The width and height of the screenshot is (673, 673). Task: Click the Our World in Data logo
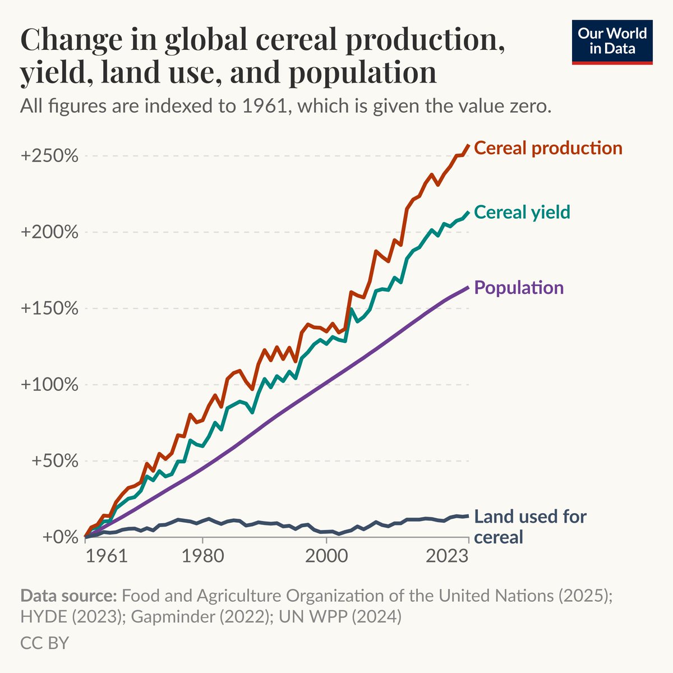(612, 42)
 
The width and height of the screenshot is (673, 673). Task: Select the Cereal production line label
(548, 148)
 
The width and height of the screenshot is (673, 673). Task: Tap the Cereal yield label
(522, 212)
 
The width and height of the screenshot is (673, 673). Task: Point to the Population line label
(519, 288)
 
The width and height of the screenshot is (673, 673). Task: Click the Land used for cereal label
(530, 527)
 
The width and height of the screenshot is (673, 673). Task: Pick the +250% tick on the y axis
(49, 156)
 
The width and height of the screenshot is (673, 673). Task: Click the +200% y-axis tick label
(49, 232)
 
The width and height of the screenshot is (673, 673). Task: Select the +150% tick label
(49, 308)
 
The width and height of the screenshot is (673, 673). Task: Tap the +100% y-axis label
(49, 385)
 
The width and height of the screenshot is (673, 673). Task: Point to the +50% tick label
(54, 461)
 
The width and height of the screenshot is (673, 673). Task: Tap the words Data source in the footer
(68, 596)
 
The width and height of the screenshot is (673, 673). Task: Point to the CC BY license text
(44, 643)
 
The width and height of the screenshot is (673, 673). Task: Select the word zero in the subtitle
(528, 106)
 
